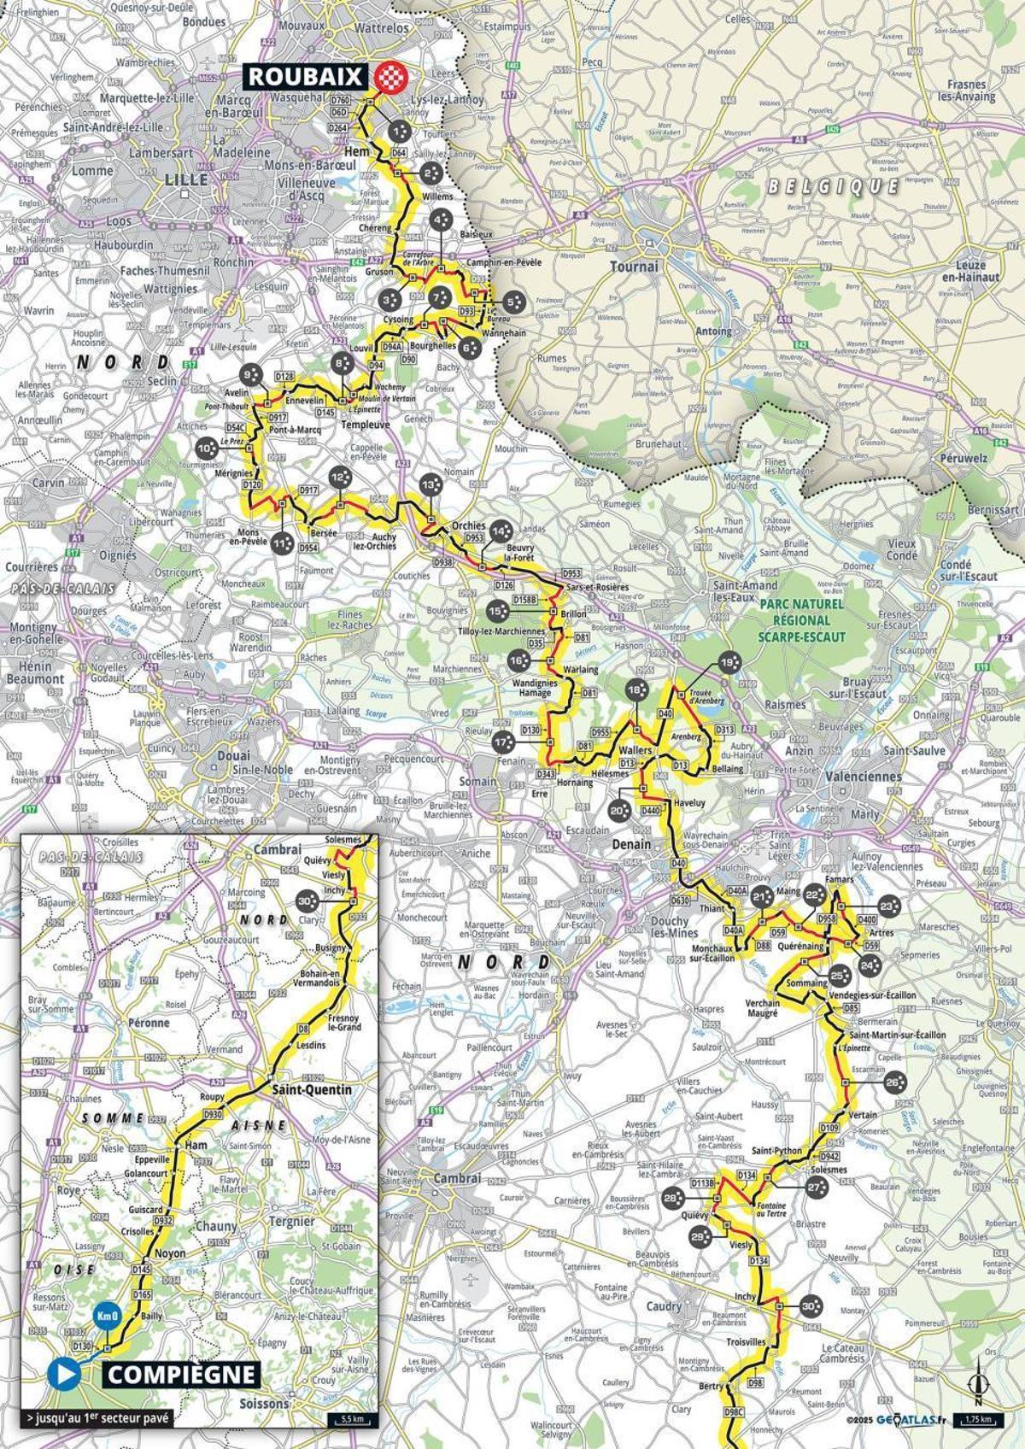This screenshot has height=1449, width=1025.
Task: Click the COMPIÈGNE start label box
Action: click(182, 1373)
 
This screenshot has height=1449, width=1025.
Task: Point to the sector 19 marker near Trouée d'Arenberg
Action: click(728, 662)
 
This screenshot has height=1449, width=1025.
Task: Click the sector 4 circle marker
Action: click(441, 220)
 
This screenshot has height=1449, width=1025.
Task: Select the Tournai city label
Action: click(634, 266)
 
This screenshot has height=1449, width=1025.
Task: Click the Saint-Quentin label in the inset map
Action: click(312, 1089)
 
